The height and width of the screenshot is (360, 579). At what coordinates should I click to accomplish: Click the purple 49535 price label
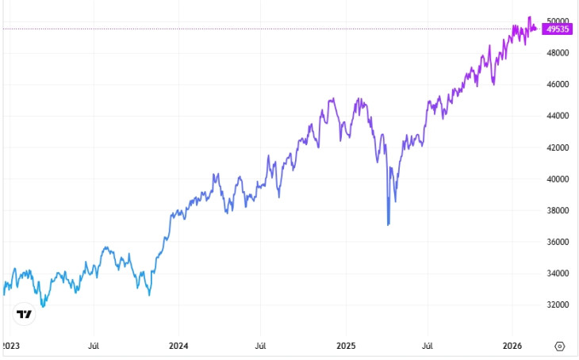pyautogui.click(x=558, y=29)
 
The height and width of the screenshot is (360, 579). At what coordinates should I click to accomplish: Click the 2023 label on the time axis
pyautogui.click(x=11, y=346)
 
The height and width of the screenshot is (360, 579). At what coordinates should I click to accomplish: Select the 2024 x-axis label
pyautogui.click(x=178, y=346)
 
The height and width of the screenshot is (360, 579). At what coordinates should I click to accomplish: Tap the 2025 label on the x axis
pyautogui.click(x=346, y=346)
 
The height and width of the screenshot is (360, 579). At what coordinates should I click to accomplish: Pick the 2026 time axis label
pyautogui.click(x=512, y=346)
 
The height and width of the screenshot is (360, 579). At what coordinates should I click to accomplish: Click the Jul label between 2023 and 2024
pyautogui.click(x=94, y=346)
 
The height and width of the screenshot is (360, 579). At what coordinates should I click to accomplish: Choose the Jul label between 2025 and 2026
pyautogui.click(x=428, y=346)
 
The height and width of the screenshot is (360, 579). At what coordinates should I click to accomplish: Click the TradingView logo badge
pyautogui.click(x=25, y=315)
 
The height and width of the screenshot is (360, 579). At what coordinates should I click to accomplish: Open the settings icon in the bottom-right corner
pyautogui.click(x=559, y=346)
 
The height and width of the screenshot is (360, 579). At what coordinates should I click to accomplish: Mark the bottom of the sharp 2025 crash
pyautogui.click(x=388, y=225)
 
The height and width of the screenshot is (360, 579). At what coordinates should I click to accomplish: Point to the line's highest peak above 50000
pyautogui.click(x=530, y=17)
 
